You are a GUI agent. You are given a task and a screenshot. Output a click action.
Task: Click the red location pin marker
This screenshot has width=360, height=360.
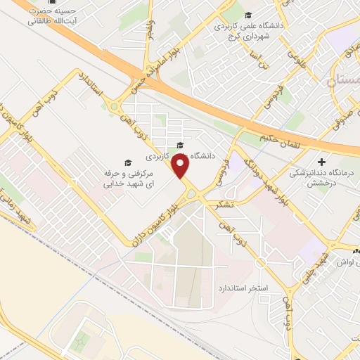(x=182, y=167)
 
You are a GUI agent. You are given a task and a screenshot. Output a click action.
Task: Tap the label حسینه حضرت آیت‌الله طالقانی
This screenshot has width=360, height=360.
(x=54, y=16)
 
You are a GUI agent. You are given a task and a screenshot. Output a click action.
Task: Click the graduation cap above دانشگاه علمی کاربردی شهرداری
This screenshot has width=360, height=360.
(x=247, y=15)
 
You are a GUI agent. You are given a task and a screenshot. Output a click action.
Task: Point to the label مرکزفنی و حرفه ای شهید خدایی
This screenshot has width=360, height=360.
(x=128, y=178)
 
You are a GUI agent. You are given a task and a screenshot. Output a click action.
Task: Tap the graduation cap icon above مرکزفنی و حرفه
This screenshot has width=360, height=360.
(x=127, y=161)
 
